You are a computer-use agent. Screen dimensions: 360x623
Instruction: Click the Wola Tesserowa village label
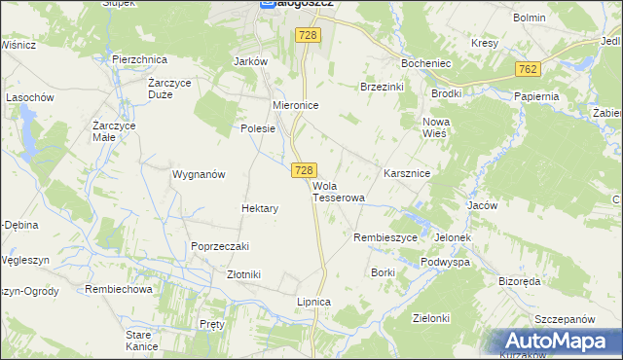click(x=338, y=191)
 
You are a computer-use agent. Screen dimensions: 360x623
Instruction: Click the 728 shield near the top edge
click(x=309, y=35)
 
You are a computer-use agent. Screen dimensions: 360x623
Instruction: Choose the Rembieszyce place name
click(x=385, y=237)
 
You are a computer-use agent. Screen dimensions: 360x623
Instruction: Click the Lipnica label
click(x=313, y=302)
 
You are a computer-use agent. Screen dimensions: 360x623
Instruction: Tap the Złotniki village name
click(x=243, y=274)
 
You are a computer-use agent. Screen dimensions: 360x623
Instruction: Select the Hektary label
click(x=260, y=208)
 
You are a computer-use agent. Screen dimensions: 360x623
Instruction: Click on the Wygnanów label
click(x=199, y=174)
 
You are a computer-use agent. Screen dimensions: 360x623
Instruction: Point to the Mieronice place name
click(x=296, y=104)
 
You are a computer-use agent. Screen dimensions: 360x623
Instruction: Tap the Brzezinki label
click(x=383, y=86)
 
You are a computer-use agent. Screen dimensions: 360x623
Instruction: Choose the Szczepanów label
click(x=565, y=319)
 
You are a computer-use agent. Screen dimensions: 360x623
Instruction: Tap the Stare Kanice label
click(x=142, y=341)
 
